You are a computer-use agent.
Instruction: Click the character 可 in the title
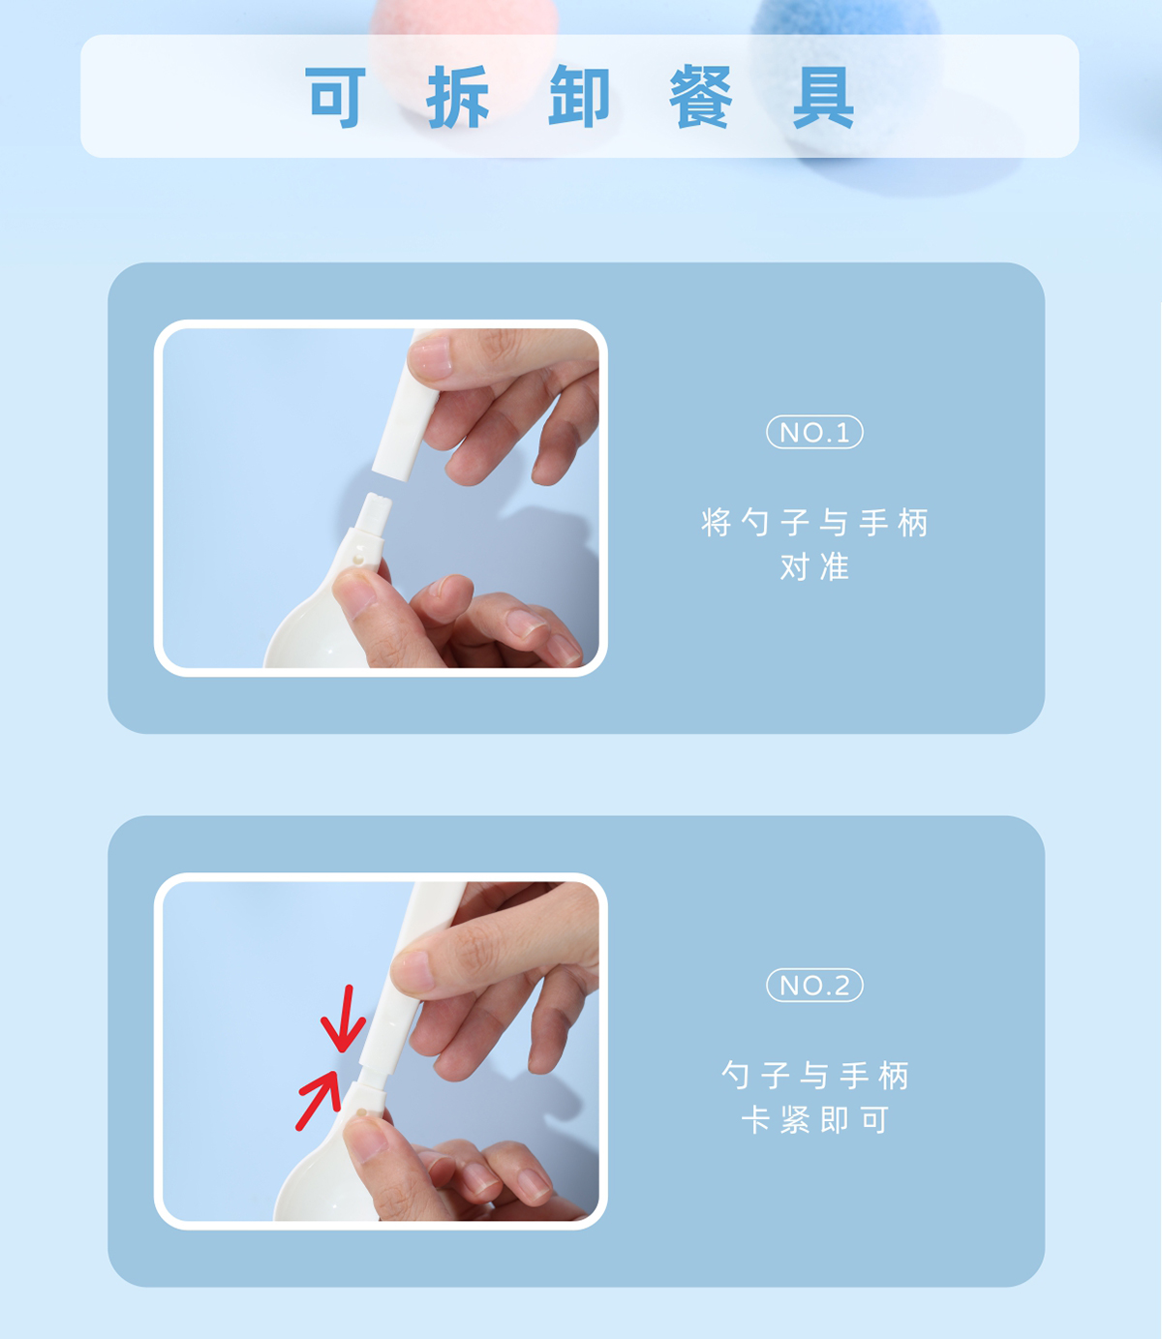click(335, 97)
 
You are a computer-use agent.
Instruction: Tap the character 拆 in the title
click(457, 97)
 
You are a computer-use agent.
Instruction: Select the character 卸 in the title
click(580, 97)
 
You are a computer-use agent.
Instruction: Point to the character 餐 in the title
click(701, 97)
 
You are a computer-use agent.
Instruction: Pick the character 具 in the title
click(823, 97)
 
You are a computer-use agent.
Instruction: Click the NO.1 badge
click(814, 432)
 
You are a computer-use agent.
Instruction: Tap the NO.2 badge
click(814, 985)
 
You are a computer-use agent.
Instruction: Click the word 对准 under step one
click(814, 566)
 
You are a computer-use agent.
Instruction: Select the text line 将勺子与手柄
click(814, 523)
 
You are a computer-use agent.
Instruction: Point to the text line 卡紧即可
click(814, 1120)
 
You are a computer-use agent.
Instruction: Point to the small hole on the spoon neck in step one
click(358, 560)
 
